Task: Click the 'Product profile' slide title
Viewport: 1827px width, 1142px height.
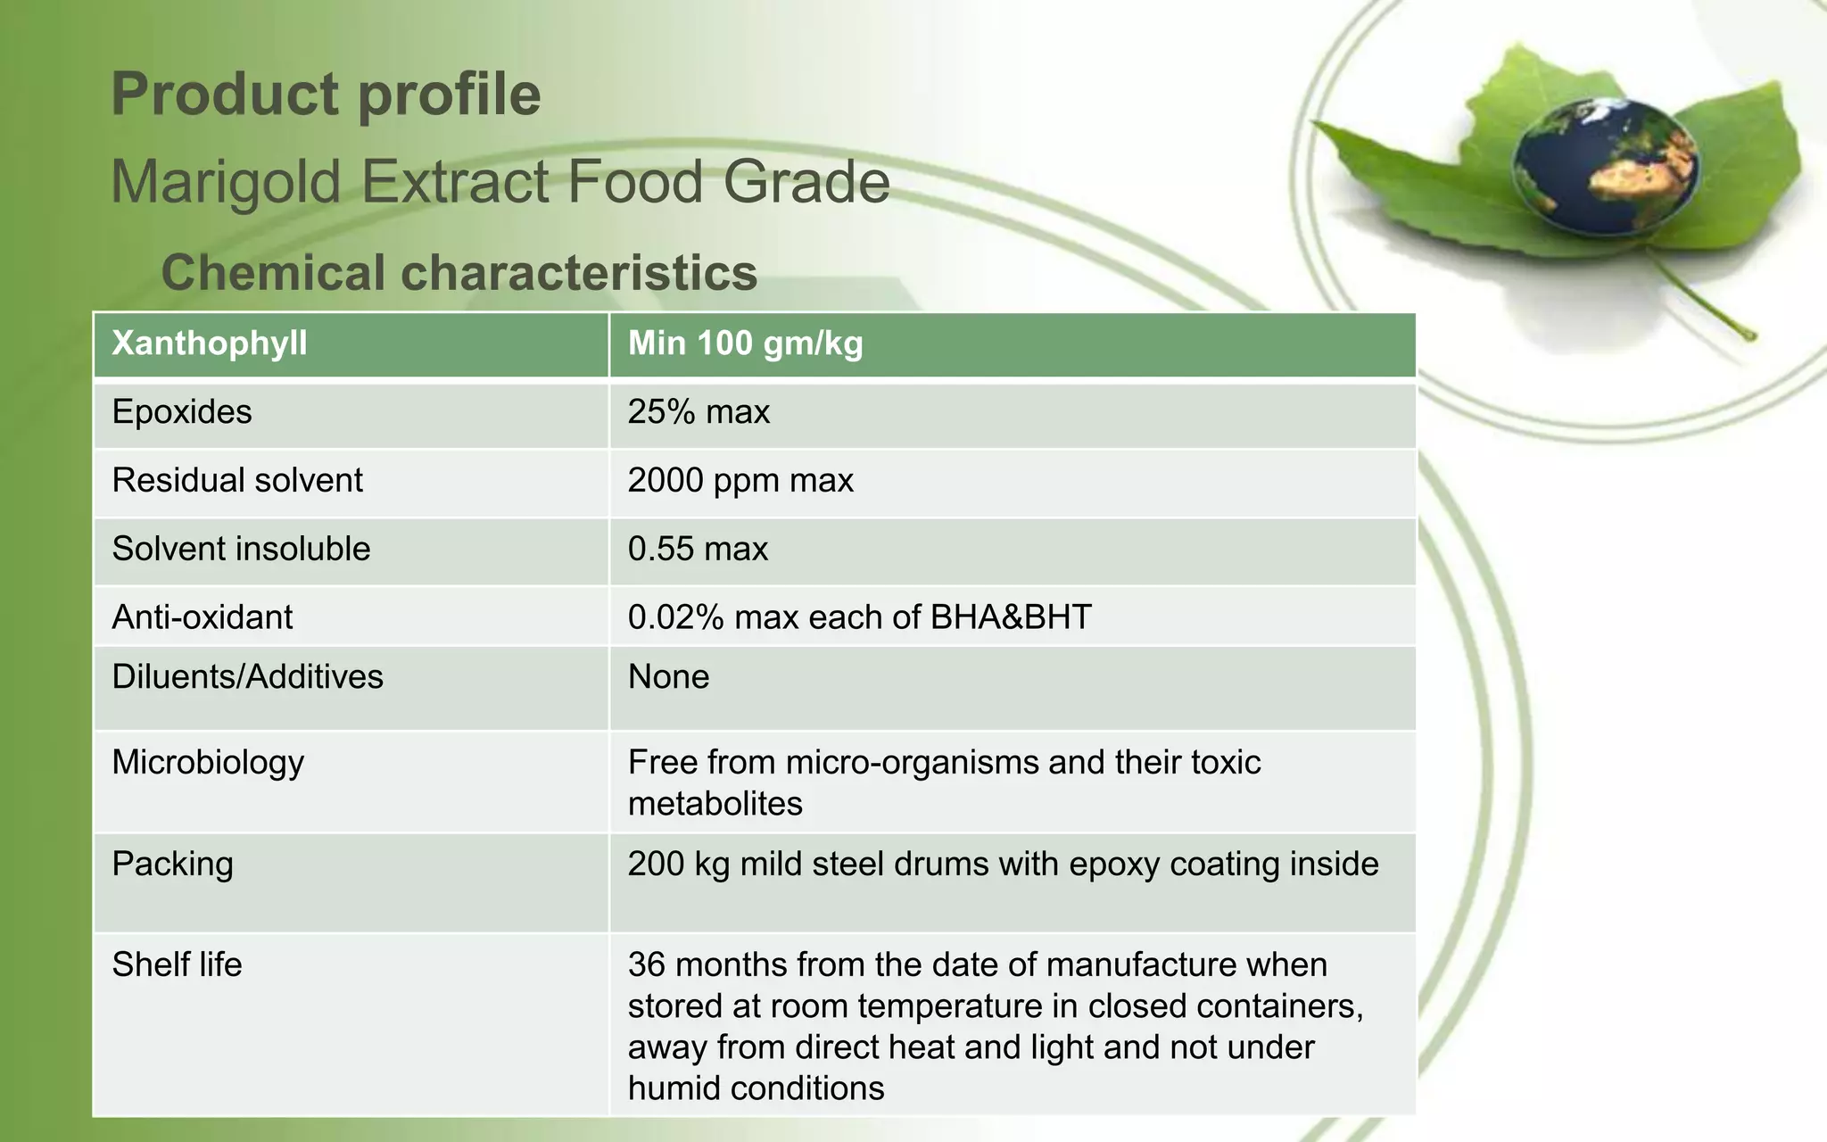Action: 326,95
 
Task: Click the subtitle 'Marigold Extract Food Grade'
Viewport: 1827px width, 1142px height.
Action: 500,182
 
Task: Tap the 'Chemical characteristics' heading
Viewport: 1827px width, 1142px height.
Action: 459,272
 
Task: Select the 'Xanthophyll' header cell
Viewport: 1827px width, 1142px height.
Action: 210,343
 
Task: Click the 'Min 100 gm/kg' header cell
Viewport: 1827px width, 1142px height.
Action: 745,343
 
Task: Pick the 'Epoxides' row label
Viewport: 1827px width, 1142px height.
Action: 182,412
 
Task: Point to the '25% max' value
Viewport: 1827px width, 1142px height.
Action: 699,412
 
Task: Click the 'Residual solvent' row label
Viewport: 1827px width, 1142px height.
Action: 237,481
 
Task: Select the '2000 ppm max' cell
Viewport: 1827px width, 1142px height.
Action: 740,481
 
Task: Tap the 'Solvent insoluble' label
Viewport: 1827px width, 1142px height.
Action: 241,549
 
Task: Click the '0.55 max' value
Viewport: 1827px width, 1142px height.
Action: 698,549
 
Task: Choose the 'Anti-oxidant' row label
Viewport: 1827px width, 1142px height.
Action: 203,617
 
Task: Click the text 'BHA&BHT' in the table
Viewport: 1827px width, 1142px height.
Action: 1011,617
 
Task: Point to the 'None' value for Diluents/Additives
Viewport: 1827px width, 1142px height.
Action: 668,677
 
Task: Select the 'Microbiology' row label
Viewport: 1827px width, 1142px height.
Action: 208,763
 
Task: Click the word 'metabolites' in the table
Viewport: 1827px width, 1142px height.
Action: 715,804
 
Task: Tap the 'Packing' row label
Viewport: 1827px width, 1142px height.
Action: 173,864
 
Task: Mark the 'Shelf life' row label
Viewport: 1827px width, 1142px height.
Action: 177,964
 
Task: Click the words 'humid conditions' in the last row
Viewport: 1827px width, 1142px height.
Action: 756,1088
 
